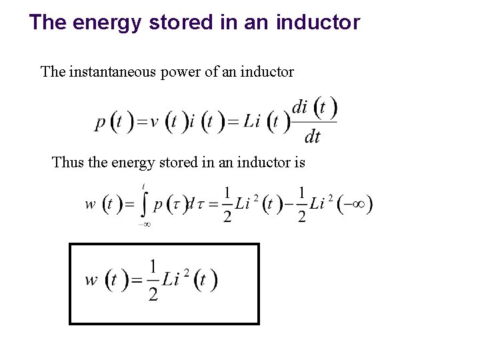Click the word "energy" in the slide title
[106, 23]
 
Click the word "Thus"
[68, 162]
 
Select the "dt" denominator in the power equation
[312, 137]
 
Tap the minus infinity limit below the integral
[144, 225]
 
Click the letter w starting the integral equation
[91, 205]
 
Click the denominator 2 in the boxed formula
[153, 294]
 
